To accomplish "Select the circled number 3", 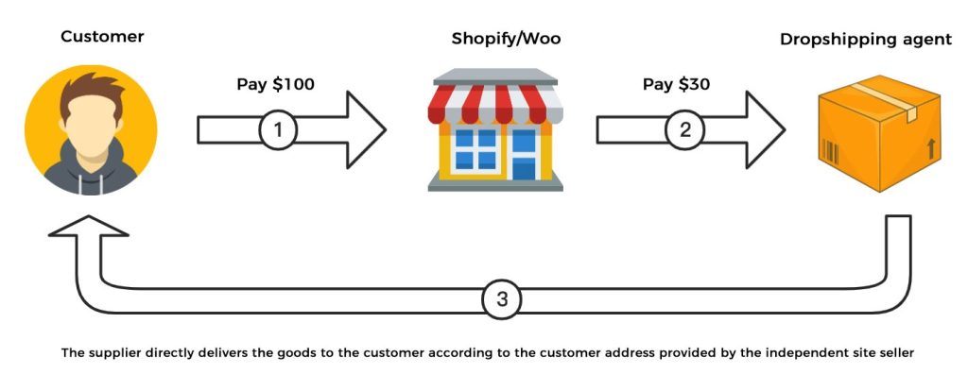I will (502, 299).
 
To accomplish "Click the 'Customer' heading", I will (102, 37).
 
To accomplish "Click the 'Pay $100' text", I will (275, 84).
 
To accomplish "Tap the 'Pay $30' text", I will (676, 84).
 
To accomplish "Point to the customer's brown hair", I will (91, 94).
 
